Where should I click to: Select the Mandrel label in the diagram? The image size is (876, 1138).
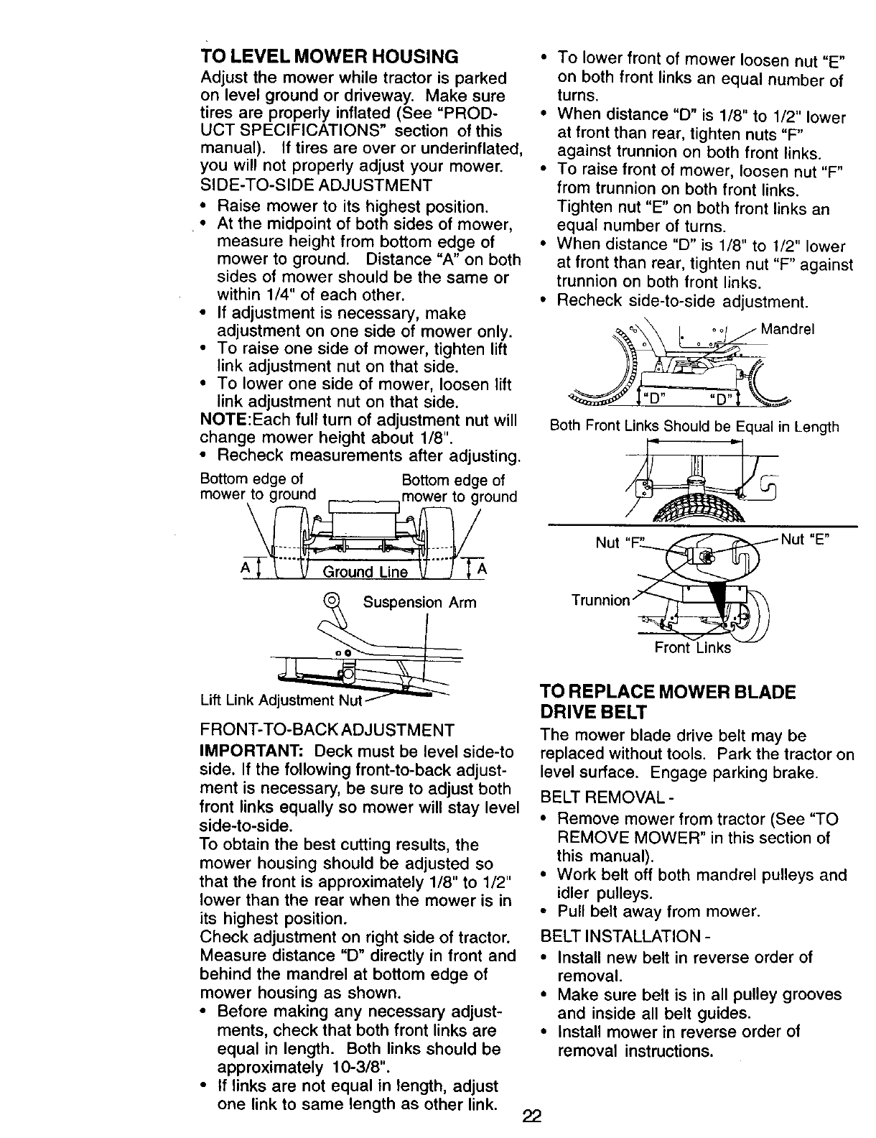787,330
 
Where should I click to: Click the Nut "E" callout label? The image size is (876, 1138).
809,539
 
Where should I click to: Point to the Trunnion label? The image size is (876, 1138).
600,600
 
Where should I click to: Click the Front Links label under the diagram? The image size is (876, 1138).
692,647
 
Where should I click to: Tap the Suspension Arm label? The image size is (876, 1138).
420,602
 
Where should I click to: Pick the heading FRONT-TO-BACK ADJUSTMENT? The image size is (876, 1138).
327,731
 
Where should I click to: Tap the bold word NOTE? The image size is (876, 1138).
228,419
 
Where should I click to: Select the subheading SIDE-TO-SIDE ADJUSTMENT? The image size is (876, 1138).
317,185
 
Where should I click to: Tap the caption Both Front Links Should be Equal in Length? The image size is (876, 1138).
694,426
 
